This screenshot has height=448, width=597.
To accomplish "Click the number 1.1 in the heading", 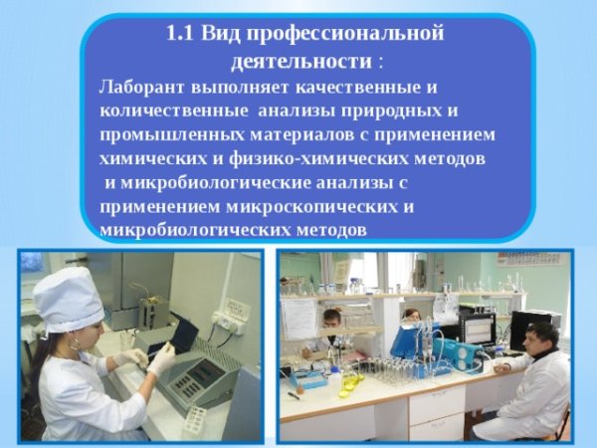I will click(x=181, y=34).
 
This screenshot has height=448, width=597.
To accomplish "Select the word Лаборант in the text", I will click(x=138, y=87).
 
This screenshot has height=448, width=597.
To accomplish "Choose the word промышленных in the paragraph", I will click(x=164, y=134).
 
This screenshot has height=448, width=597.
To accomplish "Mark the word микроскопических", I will click(x=331, y=206).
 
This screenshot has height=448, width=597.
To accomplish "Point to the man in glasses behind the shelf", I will click(x=332, y=322).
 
